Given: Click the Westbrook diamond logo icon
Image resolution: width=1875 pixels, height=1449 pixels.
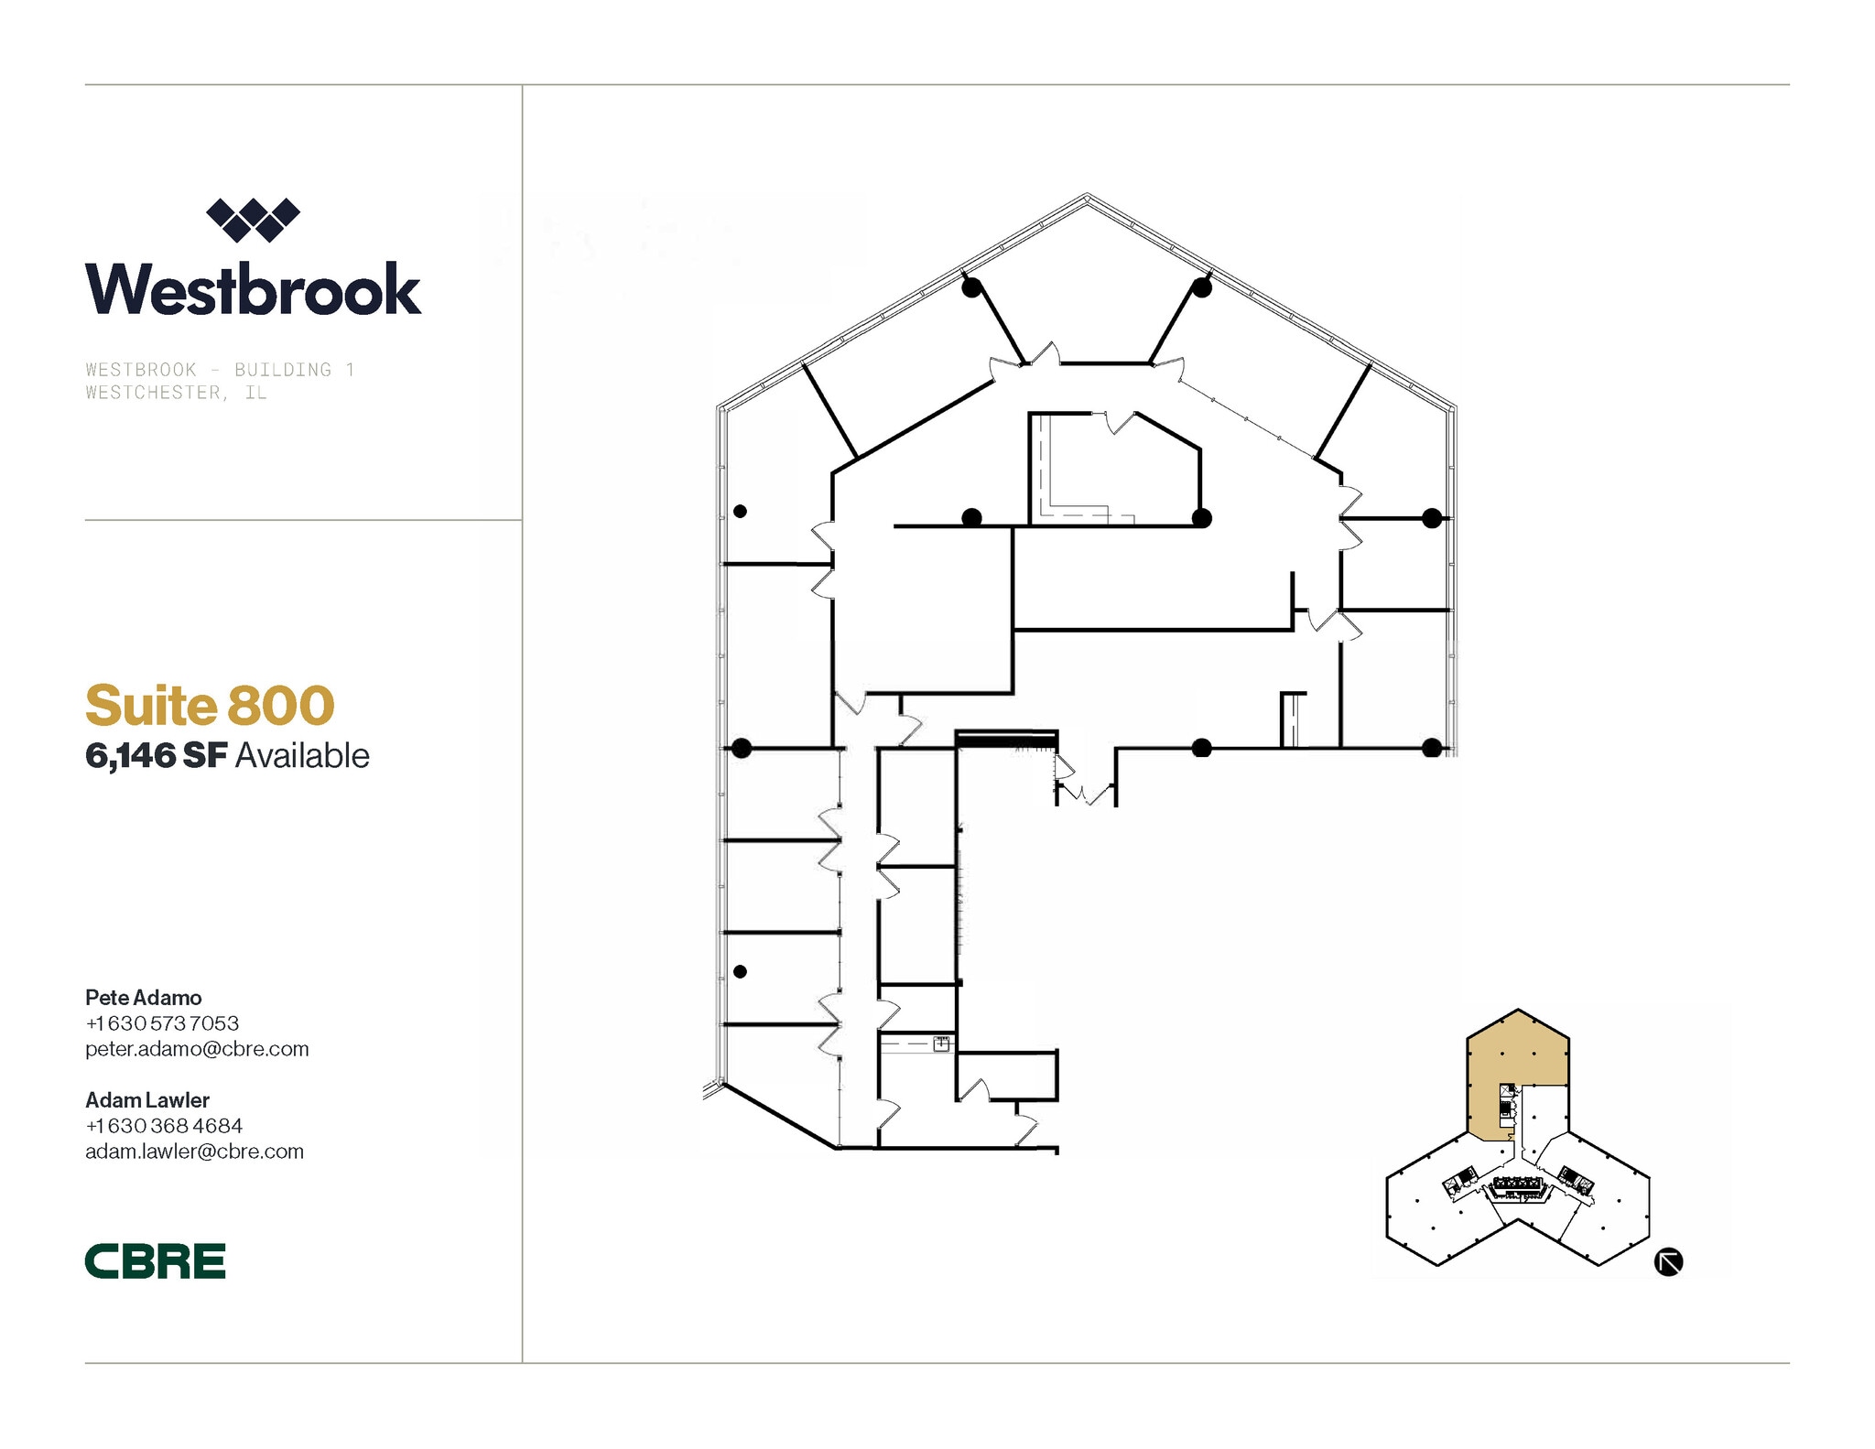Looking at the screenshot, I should coord(253,220).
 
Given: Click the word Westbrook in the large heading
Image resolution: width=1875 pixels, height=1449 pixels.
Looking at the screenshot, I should coord(253,289).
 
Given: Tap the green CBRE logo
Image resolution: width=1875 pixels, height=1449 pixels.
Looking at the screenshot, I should coord(155,1260).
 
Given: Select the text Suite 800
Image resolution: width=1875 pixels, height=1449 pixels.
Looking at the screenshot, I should coord(210,705).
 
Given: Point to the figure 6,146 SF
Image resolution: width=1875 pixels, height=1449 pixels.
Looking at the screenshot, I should coord(156,756).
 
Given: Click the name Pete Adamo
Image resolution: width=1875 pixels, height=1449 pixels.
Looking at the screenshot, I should coord(144,997).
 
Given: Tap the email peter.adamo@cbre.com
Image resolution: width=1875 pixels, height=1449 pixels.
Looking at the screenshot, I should coord(197,1048).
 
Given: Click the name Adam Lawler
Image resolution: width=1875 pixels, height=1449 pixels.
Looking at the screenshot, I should coord(147,1099).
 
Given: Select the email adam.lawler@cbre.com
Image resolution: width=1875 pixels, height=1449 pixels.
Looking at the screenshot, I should coord(194,1151).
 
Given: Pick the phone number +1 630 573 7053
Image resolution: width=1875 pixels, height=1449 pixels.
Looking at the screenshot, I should coord(162,1022).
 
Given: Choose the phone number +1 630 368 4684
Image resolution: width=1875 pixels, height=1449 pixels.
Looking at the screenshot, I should coord(164,1125).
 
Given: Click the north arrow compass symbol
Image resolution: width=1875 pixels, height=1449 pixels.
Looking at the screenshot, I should coord(1668,1261).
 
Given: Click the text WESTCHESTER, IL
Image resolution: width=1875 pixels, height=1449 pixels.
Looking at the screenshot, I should coord(176,393).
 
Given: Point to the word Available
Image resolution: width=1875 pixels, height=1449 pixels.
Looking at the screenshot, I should coord(302,756).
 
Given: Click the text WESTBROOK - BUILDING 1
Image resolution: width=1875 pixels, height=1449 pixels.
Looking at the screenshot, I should coord(220,370).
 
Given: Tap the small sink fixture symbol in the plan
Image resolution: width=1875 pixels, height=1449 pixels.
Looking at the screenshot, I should coord(941,1043).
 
